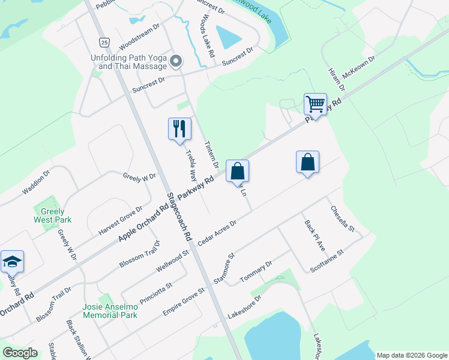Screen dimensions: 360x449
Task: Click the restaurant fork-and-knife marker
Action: point(179,129)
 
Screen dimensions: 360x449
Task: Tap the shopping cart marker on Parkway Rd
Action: point(315,104)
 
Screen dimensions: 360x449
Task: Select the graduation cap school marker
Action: point(12,262)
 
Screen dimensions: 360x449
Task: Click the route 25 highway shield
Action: point(104,42)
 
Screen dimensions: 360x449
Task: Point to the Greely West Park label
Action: point(52,216)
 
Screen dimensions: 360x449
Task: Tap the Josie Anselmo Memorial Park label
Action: point(110,310)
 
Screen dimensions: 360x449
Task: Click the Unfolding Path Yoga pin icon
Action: point(176,61)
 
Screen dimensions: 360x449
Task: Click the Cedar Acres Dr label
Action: point(217,231)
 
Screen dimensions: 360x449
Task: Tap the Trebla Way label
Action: point(191,165)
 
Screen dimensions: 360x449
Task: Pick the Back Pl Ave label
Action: point(314,235)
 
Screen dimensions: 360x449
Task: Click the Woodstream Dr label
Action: point(139,37)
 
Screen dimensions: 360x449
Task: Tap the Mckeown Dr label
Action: point(358,70)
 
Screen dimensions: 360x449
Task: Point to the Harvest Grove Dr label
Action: point(120,221)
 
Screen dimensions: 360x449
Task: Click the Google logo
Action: point(20,352)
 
